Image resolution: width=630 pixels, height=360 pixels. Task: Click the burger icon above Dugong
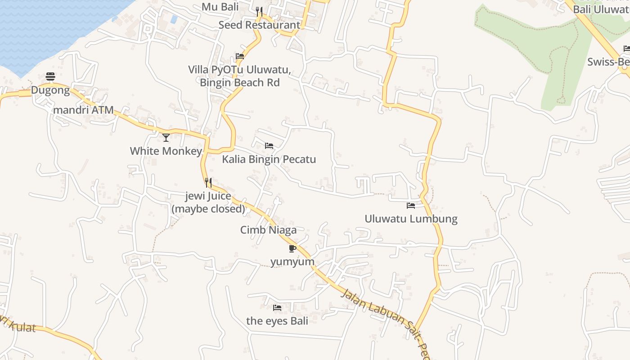click(x=50, y=77)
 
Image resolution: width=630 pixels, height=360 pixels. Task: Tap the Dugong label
click(x=50, y=90)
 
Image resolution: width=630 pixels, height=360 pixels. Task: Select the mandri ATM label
click(x=83, y=110)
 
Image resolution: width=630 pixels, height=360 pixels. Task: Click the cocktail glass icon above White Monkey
click(x=166, y=137)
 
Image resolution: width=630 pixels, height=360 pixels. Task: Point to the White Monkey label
click(x=166, y=151)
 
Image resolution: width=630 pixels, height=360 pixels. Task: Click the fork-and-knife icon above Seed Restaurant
click(x=259, y=12)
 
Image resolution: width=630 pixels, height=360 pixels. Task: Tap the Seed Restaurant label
click(x=259, y=25)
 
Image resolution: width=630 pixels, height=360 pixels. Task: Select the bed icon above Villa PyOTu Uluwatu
click(x=240, y=57)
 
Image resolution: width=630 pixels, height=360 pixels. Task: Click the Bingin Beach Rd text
click(x=240, y=83)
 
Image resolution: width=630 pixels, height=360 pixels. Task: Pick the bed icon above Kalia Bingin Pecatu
click(x=269, y=146)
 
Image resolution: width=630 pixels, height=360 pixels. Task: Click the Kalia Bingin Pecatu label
click(x=269, y=159)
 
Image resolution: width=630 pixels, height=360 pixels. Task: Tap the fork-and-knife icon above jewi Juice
click(x=208, y=182)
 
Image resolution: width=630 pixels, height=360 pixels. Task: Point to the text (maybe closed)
click(x=208, y=209)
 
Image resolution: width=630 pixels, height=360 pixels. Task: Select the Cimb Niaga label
click(x=268, y=230)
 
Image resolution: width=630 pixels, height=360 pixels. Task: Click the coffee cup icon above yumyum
click(x=292, y=248)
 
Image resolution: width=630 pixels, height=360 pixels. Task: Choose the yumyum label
click(x=292, y=261)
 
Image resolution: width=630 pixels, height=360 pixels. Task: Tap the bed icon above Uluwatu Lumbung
click(x=411, y=206)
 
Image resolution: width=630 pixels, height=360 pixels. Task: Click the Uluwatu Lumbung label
click(x=411, y=219)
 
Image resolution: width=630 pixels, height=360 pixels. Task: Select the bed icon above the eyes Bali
click(x=277, y=308)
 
